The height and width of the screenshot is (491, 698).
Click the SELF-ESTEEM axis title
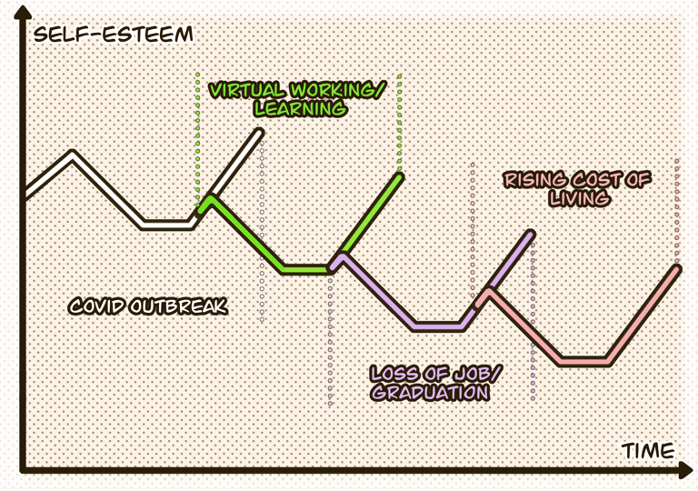pyautogui.click(x=113, y=35)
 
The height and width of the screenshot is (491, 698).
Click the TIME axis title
pyautogui.click(x=649, y=450)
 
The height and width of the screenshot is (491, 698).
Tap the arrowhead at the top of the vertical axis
pyautogui.click(x=23, y=14)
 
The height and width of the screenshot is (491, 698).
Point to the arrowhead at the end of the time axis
pyautogui.click(x=683, y=470)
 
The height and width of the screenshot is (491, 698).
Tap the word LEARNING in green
pyautogui.click(x=300, y=108)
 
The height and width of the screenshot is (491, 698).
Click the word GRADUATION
pyautogui.click(x=430, y=393)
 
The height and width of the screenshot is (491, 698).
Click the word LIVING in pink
pyautogui.click(x=578, y=197)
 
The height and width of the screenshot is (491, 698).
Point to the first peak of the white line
pyautogui.click(x=73, y=154)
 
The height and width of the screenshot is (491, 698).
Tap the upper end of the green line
pyautogui.click(x=399, y=175)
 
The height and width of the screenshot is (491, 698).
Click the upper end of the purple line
pyautogui.click(x=531, y=235)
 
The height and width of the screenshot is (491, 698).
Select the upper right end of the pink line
pyautogui.click(x=677, y=267)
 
